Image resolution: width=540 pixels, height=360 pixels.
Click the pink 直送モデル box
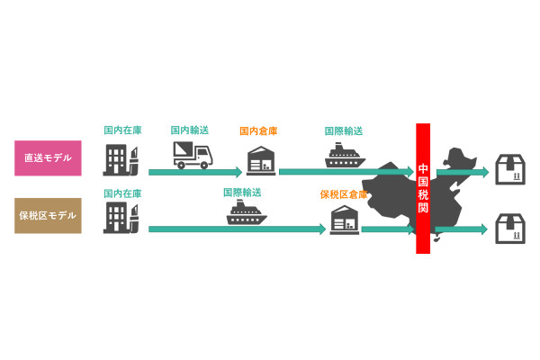(48, 158)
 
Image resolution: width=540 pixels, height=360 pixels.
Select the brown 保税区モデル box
(48, 216)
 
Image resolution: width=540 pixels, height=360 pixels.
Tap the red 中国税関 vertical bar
(423, 188)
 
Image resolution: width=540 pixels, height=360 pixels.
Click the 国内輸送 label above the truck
(190, 130)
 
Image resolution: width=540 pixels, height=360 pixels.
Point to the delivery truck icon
(193, 156)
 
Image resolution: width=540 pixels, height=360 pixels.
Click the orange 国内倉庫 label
(258, 130)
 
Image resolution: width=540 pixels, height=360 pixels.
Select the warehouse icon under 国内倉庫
(261, 161)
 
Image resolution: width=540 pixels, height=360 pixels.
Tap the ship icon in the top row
(345, 156)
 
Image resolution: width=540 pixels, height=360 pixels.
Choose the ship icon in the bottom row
(247, 212)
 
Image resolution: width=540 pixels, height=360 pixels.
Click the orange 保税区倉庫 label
(344, 194)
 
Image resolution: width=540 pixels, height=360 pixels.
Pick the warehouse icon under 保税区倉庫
(345, 220)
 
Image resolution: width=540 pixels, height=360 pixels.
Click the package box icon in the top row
(510, 169)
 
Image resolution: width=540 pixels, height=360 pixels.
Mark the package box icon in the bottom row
(510, 229)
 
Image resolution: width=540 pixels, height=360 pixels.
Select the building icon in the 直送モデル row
(121, 160)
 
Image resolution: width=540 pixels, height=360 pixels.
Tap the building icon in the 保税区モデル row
(121, 218)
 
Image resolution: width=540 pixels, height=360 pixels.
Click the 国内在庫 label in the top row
(123, 130)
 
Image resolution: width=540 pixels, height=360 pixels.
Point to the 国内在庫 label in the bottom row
(123, 193)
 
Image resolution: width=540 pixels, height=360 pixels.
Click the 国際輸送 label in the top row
(344, 130)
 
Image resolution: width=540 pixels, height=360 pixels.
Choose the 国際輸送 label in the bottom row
(242, 193)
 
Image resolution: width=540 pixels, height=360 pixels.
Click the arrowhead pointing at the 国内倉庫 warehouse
(238, 172)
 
